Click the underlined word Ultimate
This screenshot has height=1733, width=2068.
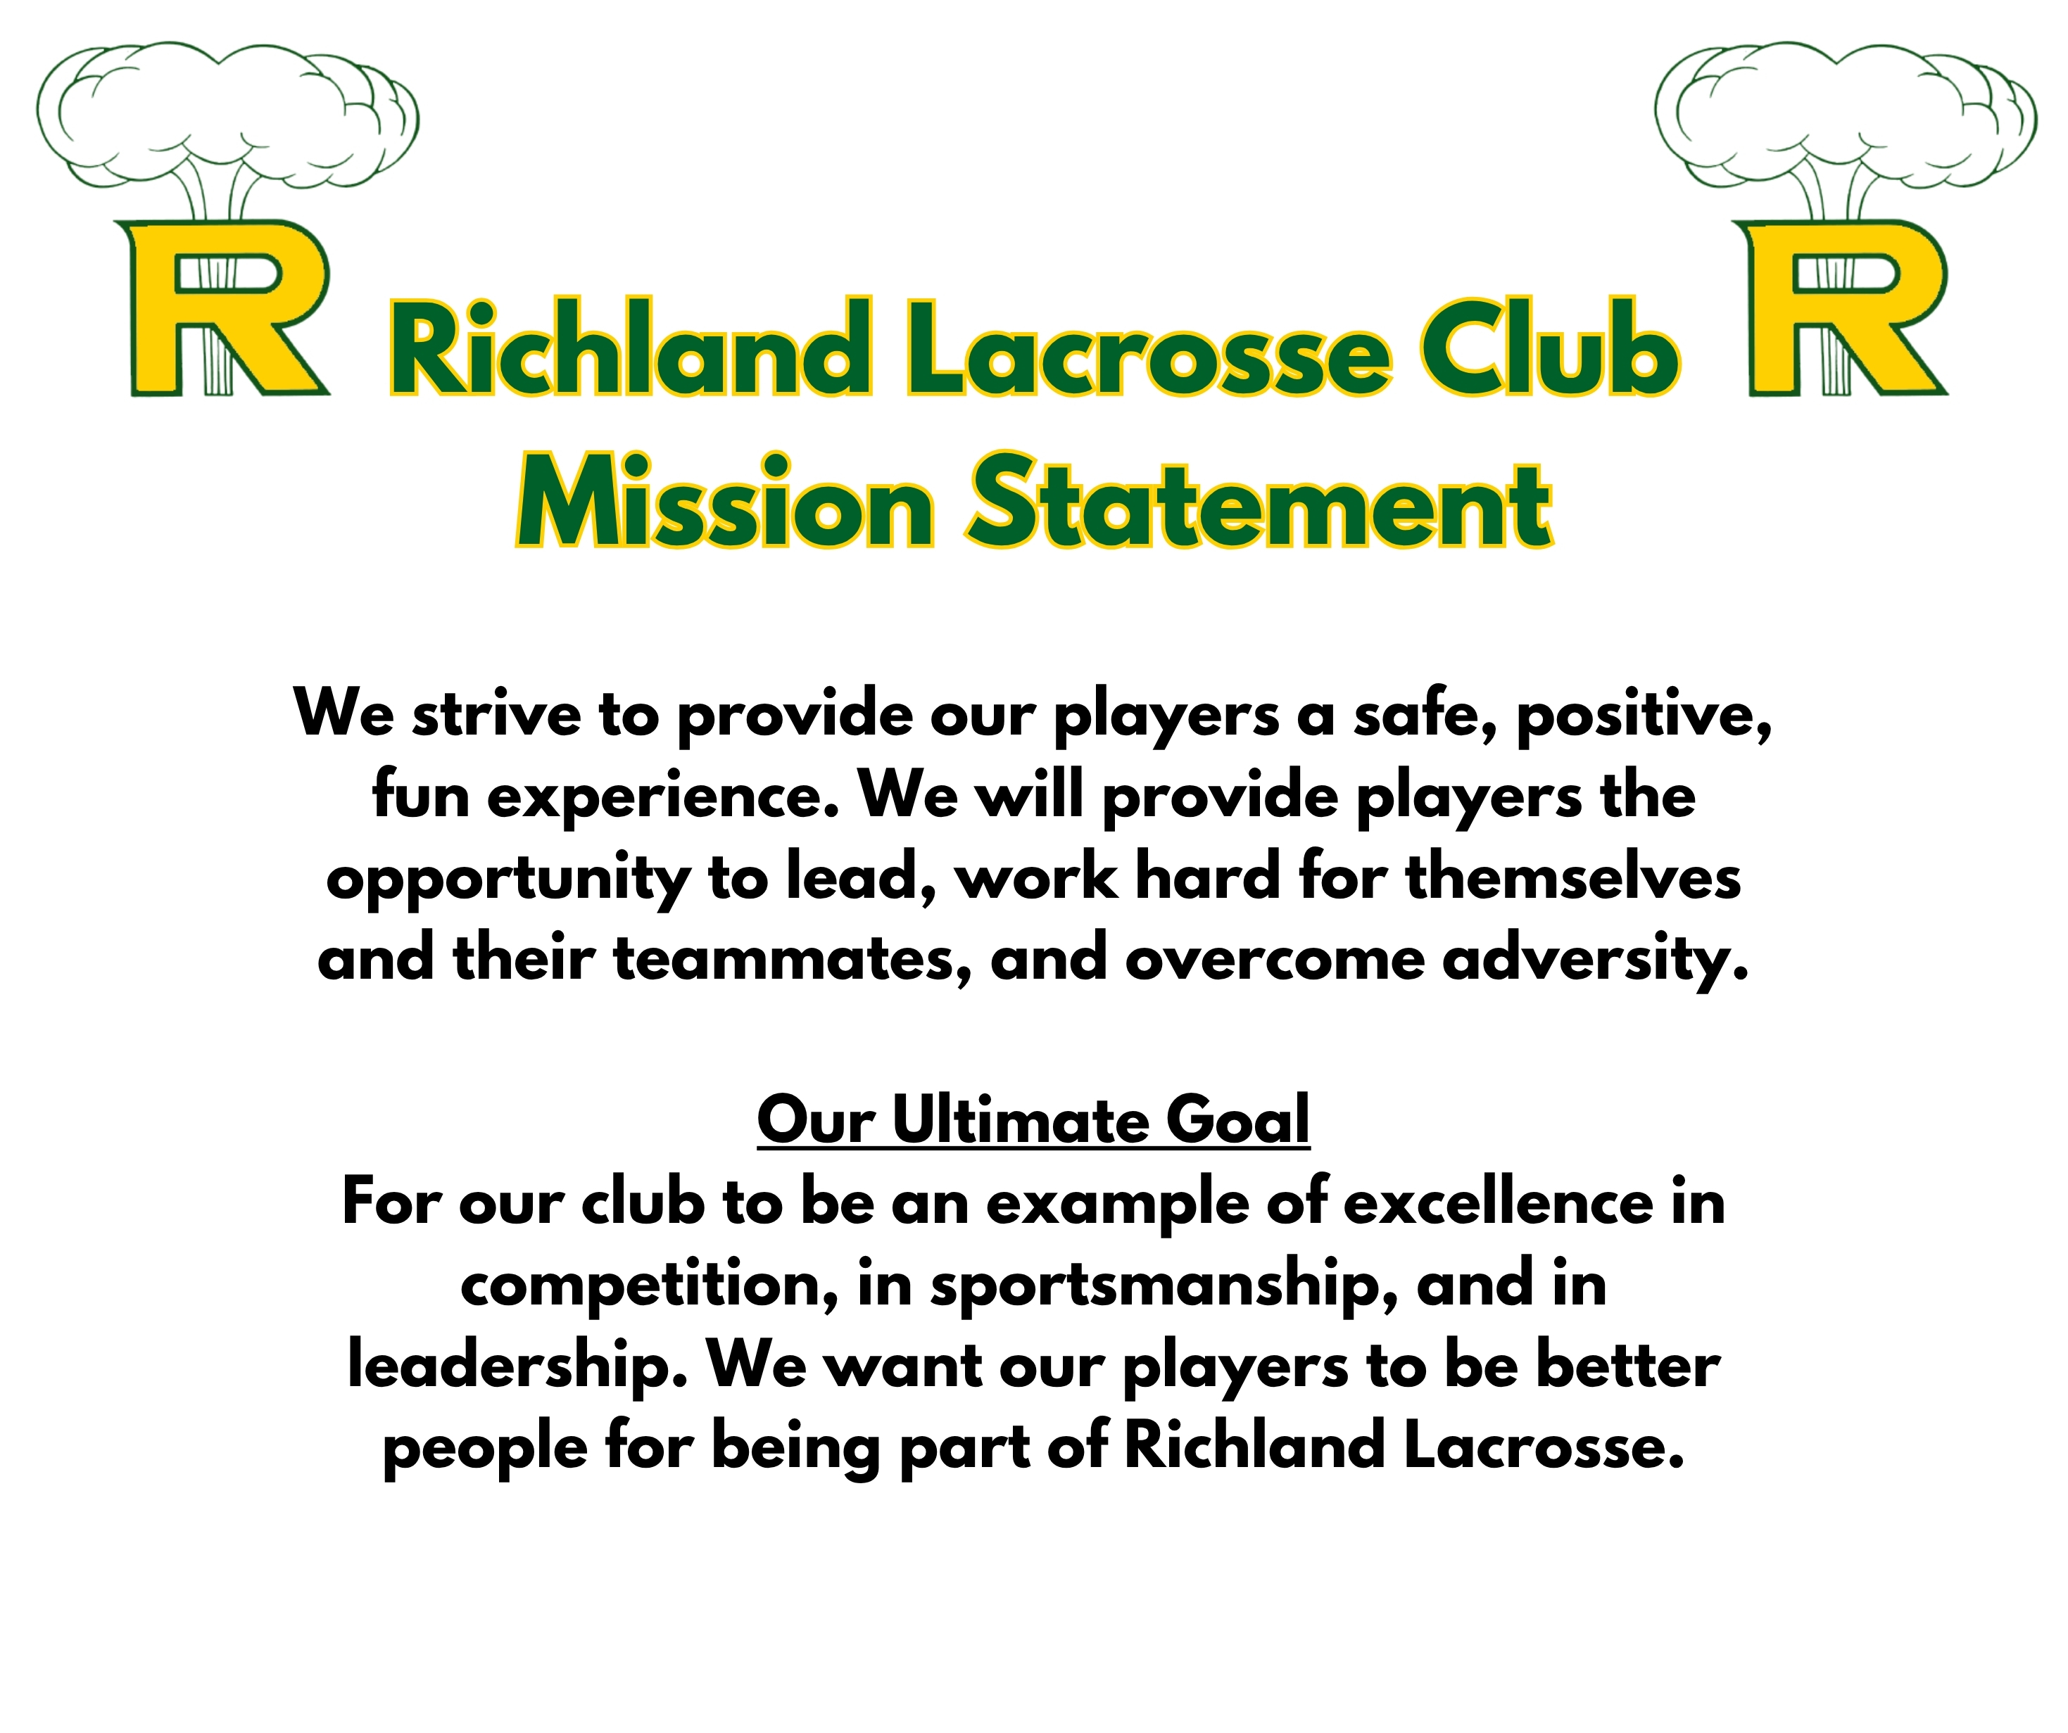[x=1019, y=1122]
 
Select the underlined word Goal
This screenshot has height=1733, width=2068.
[x=1237, y=1122]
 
